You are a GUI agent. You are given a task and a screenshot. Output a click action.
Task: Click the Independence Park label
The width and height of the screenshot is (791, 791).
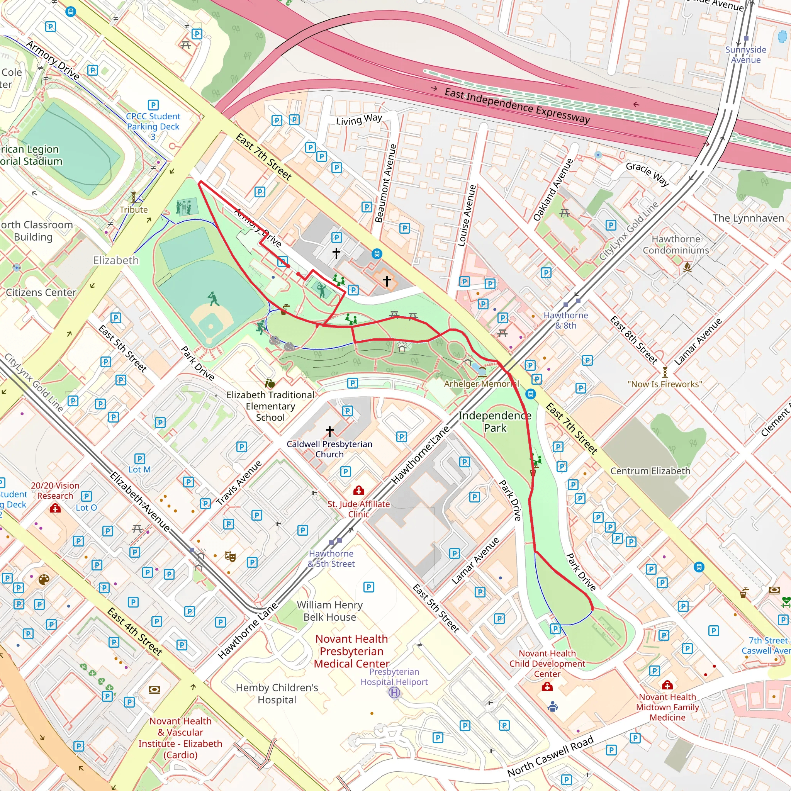click(495, 422)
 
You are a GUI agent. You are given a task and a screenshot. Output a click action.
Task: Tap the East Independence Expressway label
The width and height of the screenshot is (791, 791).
click(517, 105)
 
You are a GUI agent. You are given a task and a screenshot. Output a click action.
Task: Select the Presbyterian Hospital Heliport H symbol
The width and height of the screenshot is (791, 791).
click(394, 693)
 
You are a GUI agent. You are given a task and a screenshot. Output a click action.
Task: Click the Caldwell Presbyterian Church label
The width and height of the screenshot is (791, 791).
click(329, 449)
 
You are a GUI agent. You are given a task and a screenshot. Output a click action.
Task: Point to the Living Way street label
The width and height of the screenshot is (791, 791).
click(359, 120)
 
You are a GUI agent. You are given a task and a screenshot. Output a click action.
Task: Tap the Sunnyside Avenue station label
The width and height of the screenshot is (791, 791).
click(745, 54)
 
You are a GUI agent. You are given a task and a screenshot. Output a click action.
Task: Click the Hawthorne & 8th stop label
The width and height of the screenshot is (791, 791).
click(565, 320)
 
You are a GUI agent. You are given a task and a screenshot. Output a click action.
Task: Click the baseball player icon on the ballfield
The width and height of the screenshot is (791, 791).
click(213, 299)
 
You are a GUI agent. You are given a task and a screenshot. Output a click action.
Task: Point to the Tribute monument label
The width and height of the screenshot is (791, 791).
click(134, 210)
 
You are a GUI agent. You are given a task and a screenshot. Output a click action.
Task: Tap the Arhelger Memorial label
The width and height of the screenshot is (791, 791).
click(481, 384)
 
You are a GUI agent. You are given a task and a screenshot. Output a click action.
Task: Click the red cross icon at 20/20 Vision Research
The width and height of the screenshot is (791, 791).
click(55, 509)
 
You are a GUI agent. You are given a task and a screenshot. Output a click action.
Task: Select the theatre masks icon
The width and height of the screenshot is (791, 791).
click(230, 556)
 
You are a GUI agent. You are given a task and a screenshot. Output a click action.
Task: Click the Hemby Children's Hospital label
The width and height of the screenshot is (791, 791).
click(277, 694)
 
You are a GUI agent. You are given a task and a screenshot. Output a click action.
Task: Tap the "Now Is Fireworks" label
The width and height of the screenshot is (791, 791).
click(664, 384)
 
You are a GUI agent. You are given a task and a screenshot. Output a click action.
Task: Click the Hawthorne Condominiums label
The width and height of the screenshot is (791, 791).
click(676, 244)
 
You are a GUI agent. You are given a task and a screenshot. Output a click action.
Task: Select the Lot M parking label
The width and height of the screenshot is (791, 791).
click(139, 470)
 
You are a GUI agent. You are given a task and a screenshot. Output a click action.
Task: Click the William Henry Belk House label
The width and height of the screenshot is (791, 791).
click(329, 611)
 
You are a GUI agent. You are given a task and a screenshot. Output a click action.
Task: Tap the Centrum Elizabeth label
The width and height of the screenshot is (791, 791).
click(650, 471)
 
